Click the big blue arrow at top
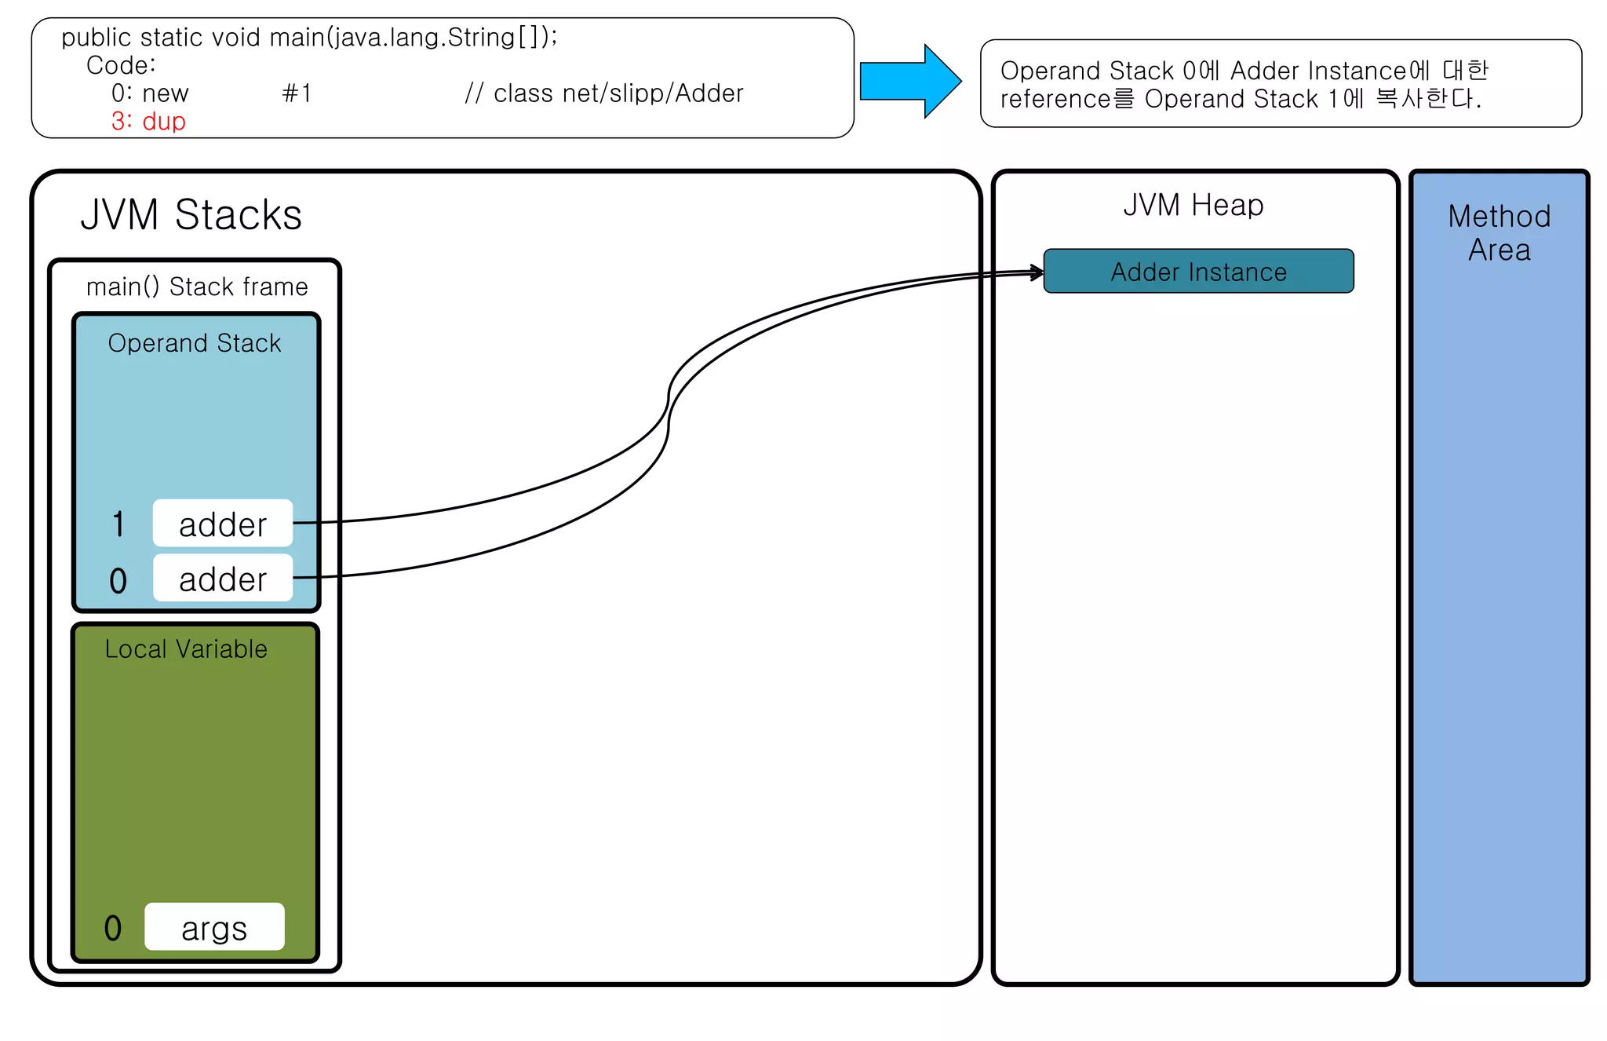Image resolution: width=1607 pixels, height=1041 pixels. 910,81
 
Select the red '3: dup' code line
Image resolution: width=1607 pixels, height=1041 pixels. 148,122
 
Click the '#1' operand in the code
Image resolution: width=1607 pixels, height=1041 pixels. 297,94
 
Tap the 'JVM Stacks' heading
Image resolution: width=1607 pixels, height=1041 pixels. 191,215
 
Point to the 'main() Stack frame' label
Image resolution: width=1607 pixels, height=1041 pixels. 197,287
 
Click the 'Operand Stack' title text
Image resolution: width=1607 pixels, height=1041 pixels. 195,344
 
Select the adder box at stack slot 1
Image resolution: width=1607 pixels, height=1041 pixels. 223,524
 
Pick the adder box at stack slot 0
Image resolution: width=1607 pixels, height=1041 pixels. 223,579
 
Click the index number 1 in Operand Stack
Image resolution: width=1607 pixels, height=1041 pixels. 118,524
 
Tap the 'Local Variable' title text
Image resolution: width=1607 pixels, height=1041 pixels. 186,649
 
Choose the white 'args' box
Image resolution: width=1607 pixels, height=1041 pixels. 214,927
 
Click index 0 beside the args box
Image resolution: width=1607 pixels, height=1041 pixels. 113,929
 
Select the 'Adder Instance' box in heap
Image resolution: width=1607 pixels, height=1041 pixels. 1198,272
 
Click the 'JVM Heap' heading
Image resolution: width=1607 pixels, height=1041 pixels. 1193,206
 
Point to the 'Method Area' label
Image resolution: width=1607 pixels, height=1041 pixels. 1499,233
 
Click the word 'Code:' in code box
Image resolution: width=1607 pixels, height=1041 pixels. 121,66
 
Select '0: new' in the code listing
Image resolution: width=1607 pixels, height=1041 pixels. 150,94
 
